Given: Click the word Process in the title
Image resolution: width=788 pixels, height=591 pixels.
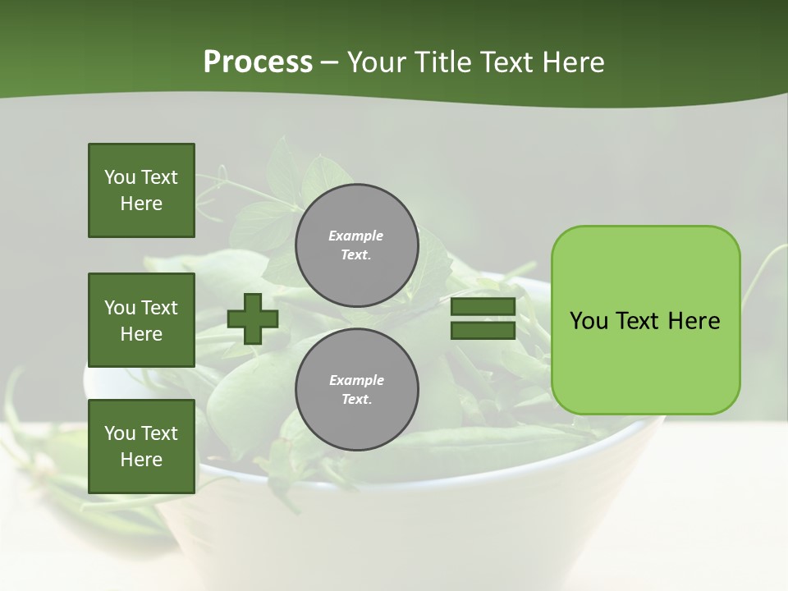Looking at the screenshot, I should [x=258, y=62].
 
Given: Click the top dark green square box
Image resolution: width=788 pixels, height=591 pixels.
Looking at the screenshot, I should [x=141, y=190].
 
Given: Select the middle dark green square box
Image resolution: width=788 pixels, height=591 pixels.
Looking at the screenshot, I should [x=141, y=320].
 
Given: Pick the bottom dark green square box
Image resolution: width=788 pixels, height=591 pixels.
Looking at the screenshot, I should [x=141, y=447].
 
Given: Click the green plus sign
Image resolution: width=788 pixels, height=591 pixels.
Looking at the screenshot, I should [x=252, y=318].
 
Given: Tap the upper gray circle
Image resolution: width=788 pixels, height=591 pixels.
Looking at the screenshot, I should [x=356, y=245].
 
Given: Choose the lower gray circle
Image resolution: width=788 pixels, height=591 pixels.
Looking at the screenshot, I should [x=356, y=390].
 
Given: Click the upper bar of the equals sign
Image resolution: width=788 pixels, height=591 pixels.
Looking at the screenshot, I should [x=483, y=307].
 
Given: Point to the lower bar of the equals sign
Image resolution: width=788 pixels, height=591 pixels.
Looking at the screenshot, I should [x=483, y=331].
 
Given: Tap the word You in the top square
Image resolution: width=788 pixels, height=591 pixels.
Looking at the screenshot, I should [x=120, y=177].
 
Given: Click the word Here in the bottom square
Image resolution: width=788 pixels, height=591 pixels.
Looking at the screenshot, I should [x=141, y=460].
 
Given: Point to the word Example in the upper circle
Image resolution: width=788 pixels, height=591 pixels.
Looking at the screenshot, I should [x=356, y=236].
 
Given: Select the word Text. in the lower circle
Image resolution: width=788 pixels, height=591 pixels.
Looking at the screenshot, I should [x=356, y=400].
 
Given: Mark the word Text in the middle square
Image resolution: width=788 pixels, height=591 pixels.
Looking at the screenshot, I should [x=159, y=308].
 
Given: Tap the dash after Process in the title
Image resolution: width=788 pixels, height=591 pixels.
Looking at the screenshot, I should [x=330, y=62].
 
